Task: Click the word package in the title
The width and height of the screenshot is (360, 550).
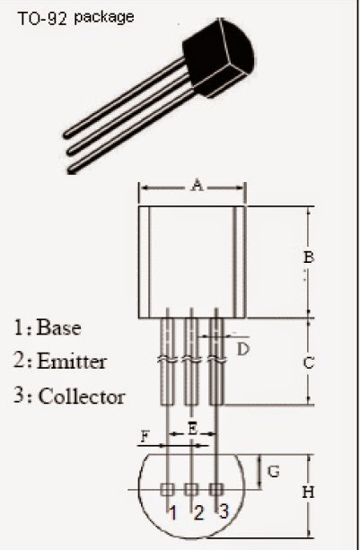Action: [x=104, y=17]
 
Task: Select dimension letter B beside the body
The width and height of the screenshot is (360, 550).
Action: [x=308, y=258]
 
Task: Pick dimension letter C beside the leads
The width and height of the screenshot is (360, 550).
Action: [x=308, y=363]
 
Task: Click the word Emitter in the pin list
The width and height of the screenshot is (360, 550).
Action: [x=72, y=362]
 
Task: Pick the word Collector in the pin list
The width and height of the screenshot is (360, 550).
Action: [x=82, y=396]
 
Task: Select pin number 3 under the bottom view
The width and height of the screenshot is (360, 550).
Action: [x=224, y=511]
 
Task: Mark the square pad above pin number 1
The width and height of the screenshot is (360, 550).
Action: [x=167, y=489]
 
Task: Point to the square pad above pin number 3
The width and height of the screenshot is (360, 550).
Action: [x=215, y=489]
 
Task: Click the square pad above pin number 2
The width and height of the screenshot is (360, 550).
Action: [x=191, y=489]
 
